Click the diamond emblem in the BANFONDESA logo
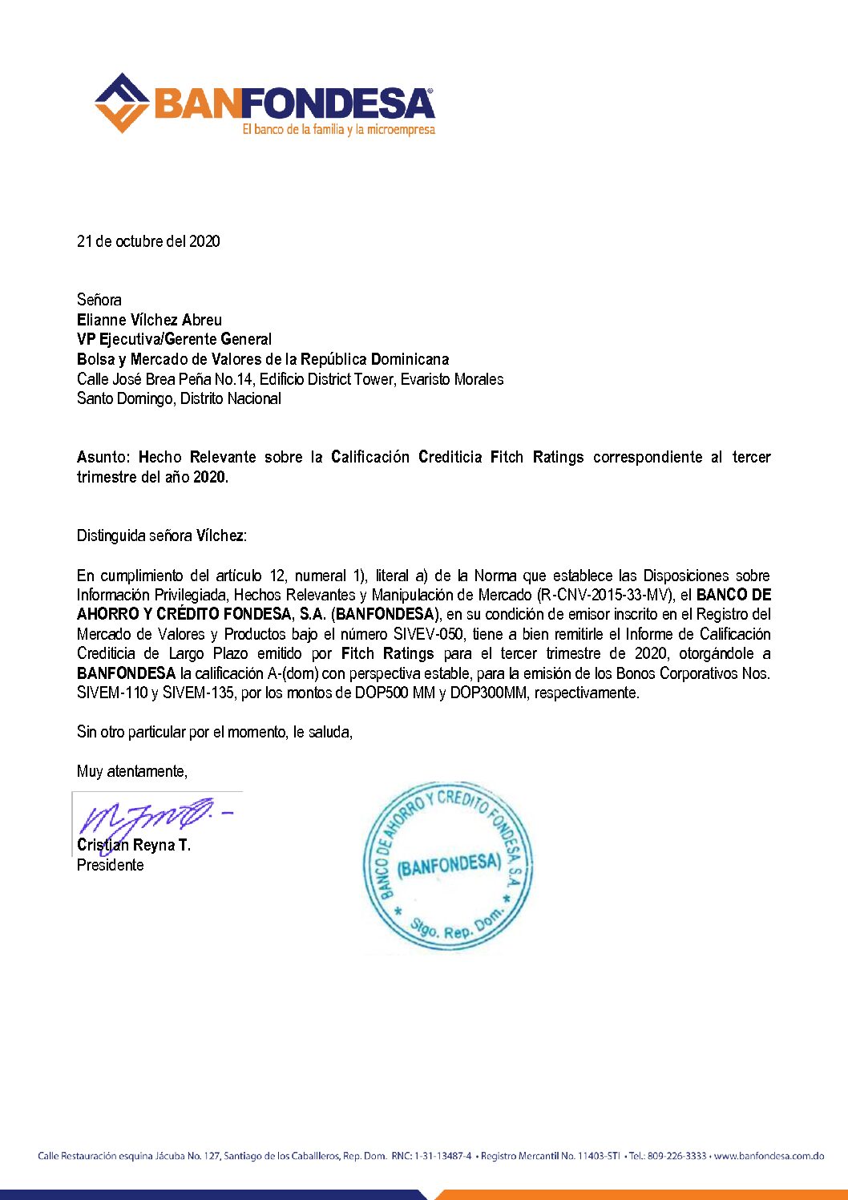[122, 103]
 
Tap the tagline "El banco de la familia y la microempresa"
[338, 129]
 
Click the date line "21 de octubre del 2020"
[148, 241]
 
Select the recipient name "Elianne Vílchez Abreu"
[149, 320]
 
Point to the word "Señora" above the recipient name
[99, 300]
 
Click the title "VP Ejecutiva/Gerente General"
[174, 339]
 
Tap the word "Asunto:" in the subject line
[103, 457]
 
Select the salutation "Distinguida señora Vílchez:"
[162, 535]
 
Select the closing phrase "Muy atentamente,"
[132, 771]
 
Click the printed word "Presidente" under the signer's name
[111, 865]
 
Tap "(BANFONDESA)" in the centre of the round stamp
[449, 865]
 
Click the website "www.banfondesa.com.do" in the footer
[769, 1156]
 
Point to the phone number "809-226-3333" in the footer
[676, 1156]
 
